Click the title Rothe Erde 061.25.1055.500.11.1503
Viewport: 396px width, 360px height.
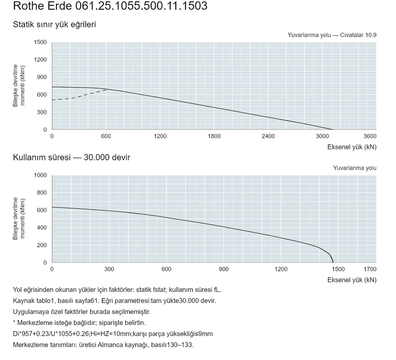pyautogui.click(x=110, y=6)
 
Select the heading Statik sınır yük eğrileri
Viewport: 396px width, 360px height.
pyautogui.click(x=54, y=24)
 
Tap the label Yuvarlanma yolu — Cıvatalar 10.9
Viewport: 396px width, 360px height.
pyautogui.click(x=332, y=35)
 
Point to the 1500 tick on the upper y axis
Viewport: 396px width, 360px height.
pyautogui.click(x=40, y=42)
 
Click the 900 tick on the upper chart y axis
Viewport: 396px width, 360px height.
pyautogui.click(x=42, y=77)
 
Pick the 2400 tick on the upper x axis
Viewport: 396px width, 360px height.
pyautogui.click(x=268, y=136)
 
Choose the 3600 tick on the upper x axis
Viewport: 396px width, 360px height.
pyautogui.click(x=370, y=136)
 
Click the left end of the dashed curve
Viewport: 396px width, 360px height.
pyautogui.click(x=52, y=100)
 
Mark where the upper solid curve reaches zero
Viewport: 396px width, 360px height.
pyautogui.click(x=333, y=129)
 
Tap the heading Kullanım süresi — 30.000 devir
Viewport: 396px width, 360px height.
pyautogui.click(x=71, y=157)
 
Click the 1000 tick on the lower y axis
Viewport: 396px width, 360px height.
pyautogui.click(x=40, y=175)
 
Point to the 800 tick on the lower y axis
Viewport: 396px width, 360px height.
pyautogui.click(x=42, y=193)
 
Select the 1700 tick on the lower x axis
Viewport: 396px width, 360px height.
pyautogui.click(x=370, y=269)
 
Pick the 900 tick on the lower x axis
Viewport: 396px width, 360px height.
pyautogui.click(x=224, y=269)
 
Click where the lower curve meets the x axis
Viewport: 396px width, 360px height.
pyautogui.click(x=333, y=262)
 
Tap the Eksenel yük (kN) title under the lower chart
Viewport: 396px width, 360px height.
pyautogui.click(x=352, y=280)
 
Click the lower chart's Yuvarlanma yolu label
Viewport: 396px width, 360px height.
pyautogui.click(x=355, y=168)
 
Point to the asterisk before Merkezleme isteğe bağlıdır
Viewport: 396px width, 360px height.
pyautogui.click(x=14, y=322)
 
